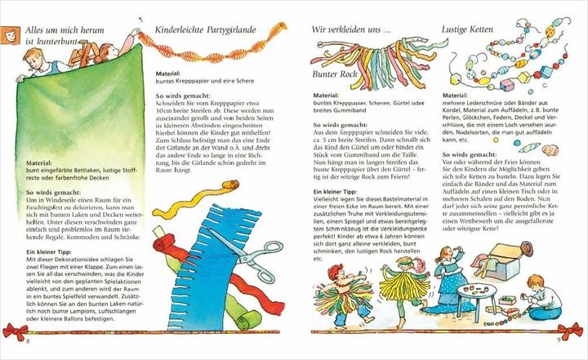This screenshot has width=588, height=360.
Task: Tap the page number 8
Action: tap(28, 339)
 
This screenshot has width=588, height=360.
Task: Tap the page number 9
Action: tap(559, 339)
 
